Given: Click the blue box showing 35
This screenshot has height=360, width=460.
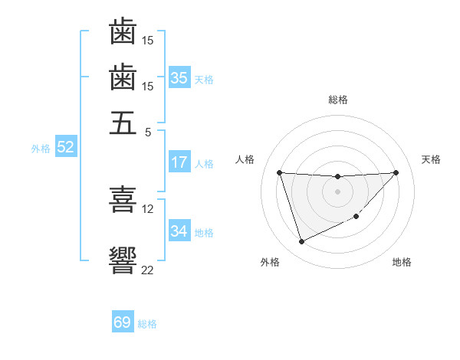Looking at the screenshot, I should pyautogui.click(x=179, y=77).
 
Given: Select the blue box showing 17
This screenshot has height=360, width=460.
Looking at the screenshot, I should pyautogui.click(x=179, y=162).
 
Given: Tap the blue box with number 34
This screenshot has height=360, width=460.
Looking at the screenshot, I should pyautogui.click(x=179, y=231).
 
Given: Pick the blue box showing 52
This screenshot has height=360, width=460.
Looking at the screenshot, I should pyautogui.click(x=65, y=147).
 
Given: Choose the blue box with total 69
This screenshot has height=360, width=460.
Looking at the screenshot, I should pyautogui.click(x=123, y=322).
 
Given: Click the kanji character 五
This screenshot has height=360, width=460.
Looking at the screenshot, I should pyautogui.click(x=123, y=123).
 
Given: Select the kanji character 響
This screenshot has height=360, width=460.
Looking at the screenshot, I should pyautogui.click(x=123, y=258).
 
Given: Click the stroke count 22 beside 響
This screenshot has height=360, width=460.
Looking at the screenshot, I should pyautogui.click(x=148, y=270).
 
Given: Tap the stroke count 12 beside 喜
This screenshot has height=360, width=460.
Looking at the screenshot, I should pyautogui.click(x=148, y=208).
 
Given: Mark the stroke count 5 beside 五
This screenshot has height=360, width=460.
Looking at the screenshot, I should pyautogui.click(x=148, y=132).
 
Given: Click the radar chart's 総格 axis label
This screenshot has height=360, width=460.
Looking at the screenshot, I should pyautogui.click(x=338, y=100).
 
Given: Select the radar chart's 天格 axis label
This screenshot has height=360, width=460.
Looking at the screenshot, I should pyautogui.click(x=431, y=159).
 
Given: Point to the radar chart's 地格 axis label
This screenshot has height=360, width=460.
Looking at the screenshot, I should pyautogui.click(x=402, y=262).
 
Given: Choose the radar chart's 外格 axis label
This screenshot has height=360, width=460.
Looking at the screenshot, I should pyautogui.click(x=270, y=262).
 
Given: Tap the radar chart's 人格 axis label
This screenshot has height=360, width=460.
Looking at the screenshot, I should pyautogui.click(x=245, y=159).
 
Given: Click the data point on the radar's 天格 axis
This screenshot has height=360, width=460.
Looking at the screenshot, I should pyautogui.click(x=396, y=172).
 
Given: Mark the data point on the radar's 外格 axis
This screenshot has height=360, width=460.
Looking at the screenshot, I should pyautogui.click(x=301, y=242).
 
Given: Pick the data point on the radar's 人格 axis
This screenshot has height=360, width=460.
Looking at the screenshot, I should pyautogui.click(x=280, y=172).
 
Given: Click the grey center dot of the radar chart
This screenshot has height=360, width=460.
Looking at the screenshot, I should pyautogui.click(x=338, y=191).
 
